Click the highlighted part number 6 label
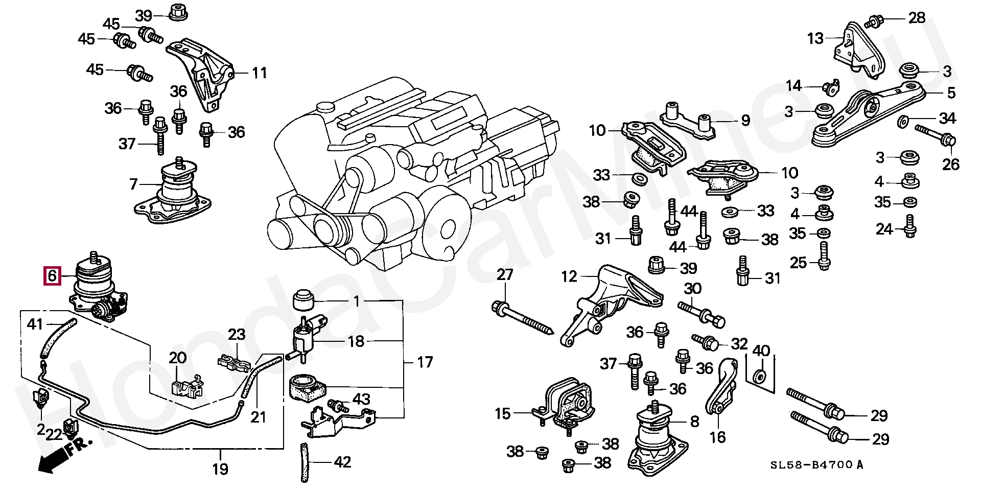(x=52, y=276)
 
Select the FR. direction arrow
(x=64, y=455)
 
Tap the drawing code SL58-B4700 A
(x=817, y=465)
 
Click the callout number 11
(x=260, y=73)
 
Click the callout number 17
(x=425, y=362)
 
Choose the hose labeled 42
(x=305, y=462)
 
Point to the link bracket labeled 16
(x=722, y=387)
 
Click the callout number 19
(x=220, y=469)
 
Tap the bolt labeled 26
(x=935, y=133)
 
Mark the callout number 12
(x=569, y=276)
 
